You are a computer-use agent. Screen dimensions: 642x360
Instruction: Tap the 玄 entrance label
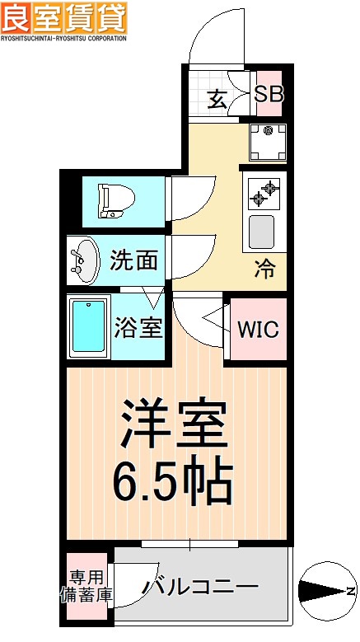pos(217,99)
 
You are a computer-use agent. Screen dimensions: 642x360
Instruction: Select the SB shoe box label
pos(268,93)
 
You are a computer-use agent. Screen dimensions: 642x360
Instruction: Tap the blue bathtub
pos(87,327)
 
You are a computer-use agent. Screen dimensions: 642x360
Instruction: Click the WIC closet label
pos(258,329)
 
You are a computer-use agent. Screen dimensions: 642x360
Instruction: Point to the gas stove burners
pos(265,194)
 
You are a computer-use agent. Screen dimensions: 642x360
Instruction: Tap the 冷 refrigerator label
pos(264,268)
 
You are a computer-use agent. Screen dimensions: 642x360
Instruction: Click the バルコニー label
pos(200,587)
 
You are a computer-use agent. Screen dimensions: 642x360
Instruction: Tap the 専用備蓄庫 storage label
pos(86,584)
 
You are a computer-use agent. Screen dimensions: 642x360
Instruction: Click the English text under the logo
pos(63,38)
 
